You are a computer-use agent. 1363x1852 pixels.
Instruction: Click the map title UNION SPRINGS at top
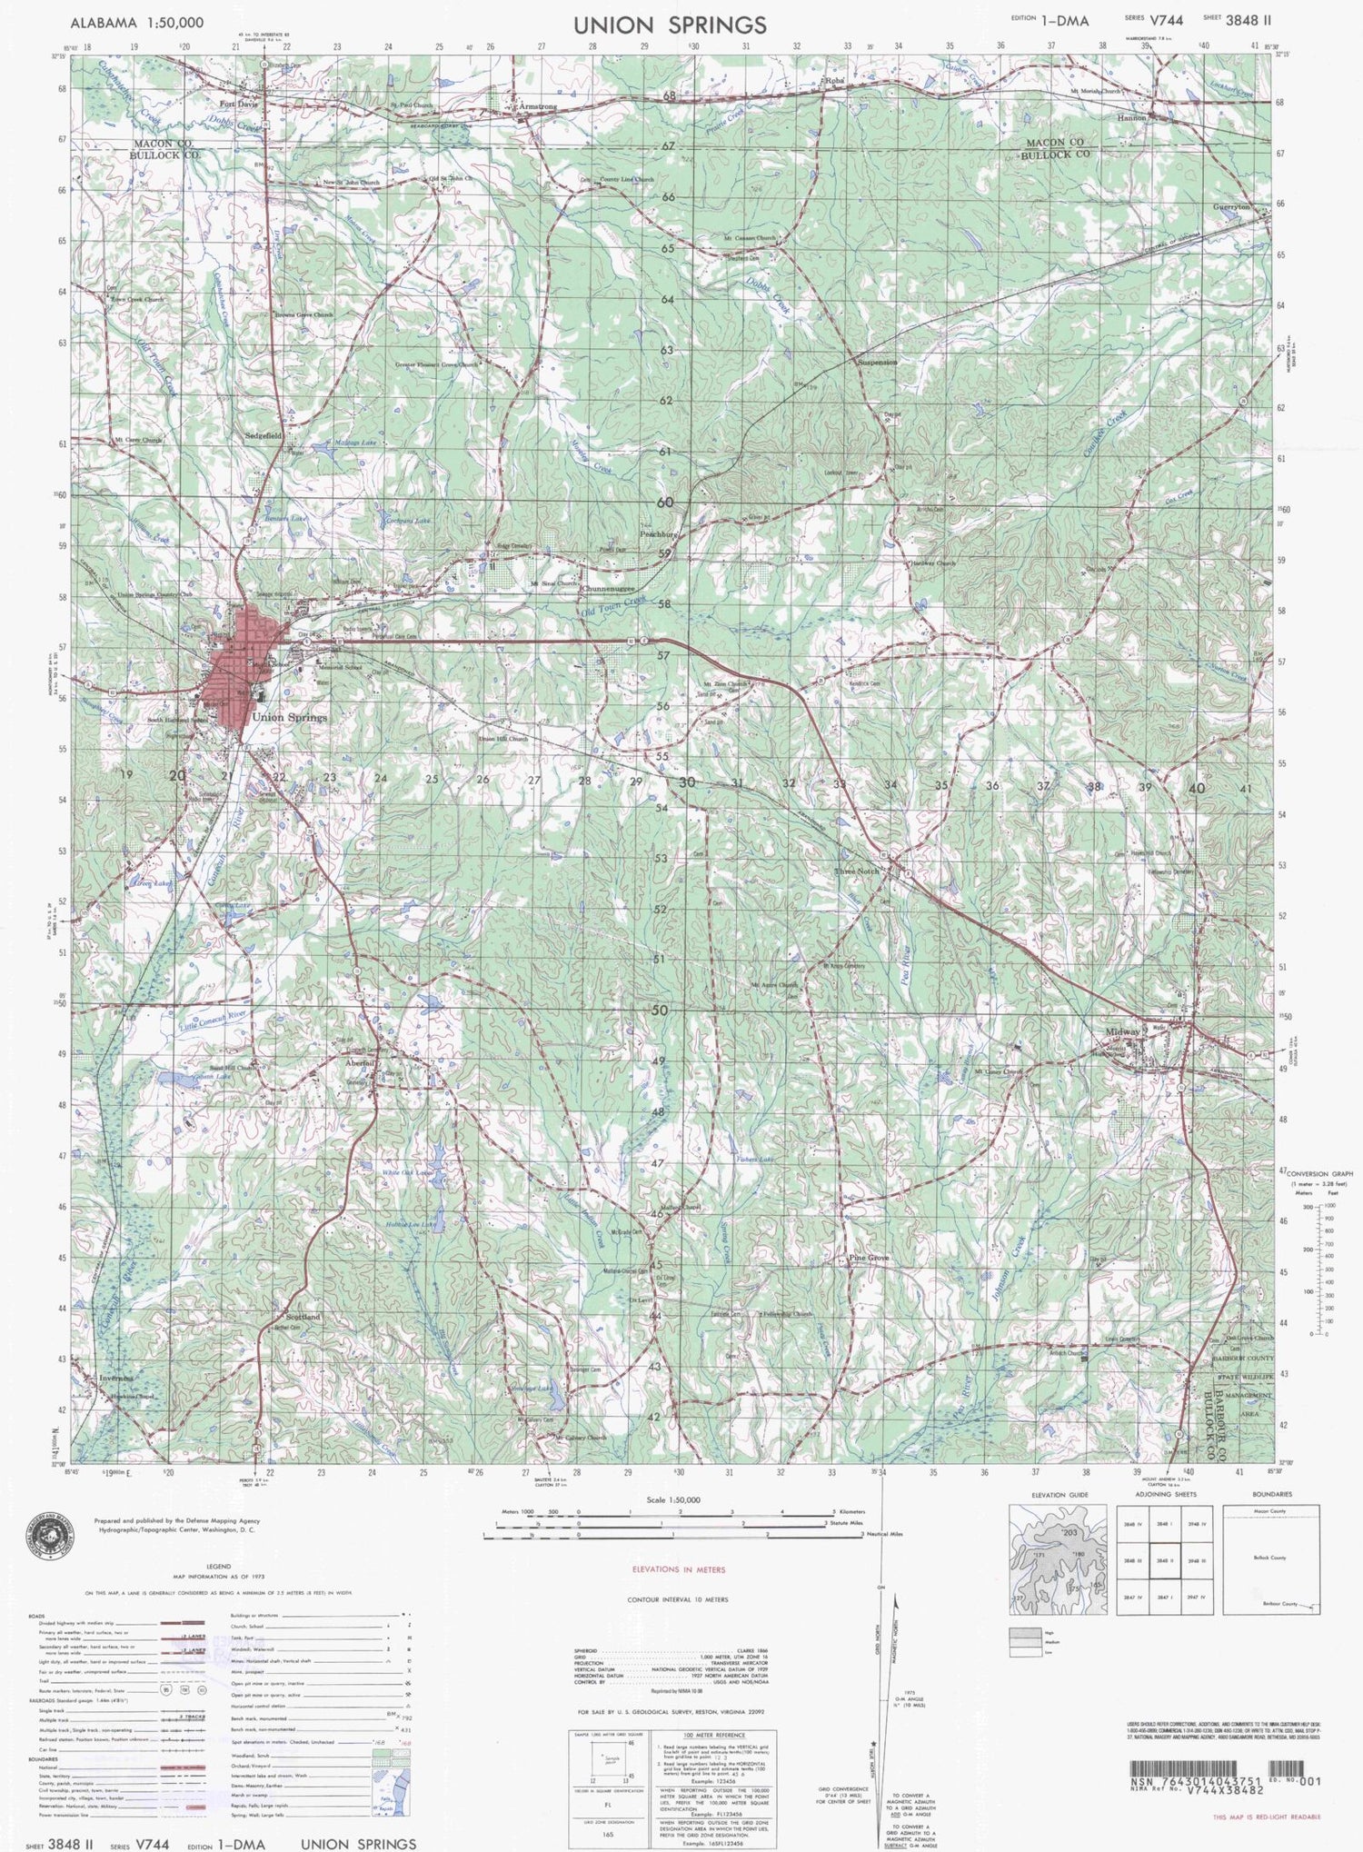pos(670,25)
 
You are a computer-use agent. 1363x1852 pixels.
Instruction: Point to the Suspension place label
pos(877,362)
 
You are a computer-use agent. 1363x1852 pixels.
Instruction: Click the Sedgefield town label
pos(264,436)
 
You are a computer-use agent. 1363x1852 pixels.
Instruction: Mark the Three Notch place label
pos(857,871)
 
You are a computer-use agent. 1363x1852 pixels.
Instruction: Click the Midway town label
pos(1123,1033)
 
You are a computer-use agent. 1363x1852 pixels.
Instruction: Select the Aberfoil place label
pos(361,1063)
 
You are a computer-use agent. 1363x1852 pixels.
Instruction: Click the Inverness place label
pos(116,1378)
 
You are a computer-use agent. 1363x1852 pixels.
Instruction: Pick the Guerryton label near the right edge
pos(1231,207)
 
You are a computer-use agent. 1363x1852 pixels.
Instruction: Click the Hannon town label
pos(1132,118)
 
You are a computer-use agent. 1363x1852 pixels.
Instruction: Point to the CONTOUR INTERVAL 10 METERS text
pos(677,1599)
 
